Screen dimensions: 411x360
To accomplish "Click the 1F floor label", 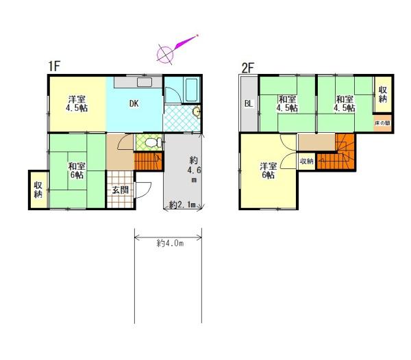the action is click(x=54, y=66).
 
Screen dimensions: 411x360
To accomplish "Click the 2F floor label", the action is click(x=248, y=68).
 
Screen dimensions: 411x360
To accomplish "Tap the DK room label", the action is click(x=134, y=103).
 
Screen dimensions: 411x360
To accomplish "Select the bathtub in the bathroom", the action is click(x=191, y=90).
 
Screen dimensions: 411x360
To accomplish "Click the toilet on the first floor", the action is click(x=153, y=142).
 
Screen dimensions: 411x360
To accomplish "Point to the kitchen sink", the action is click(x=145, y=82).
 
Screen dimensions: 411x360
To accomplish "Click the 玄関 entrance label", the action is click(x=121, y=190).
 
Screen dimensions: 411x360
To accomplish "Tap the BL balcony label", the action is click(x=249, y=103).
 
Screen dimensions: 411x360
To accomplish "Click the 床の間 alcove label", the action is click(x=382, y=123).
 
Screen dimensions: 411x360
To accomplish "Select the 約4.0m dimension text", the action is click(x=170, y=244).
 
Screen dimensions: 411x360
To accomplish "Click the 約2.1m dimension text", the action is click(x=183, y=205).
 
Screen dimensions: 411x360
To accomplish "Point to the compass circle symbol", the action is click(x=165, y=55).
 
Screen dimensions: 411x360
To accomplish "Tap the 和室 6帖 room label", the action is click(x=77, y=170).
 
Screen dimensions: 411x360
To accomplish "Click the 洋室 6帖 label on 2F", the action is click(x=268, y=170).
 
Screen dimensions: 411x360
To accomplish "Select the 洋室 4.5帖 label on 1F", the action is click(x=77, y=103).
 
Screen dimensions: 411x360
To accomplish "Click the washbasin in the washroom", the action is click(x=196, y=112).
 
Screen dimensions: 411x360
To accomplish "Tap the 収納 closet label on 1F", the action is click(x=38, y=190).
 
